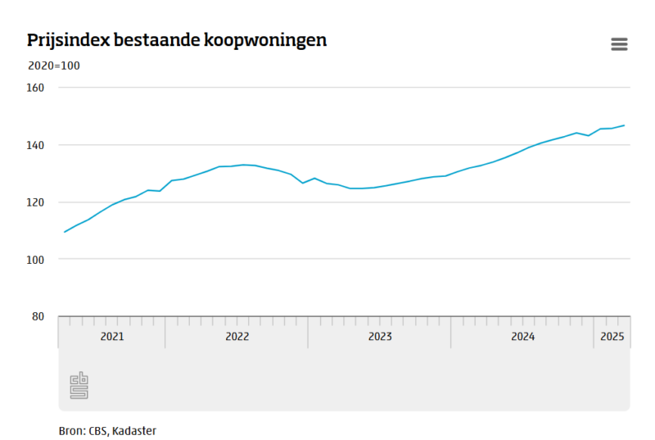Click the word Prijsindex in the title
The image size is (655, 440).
click(68, 41)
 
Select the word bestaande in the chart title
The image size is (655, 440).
click(156, 40)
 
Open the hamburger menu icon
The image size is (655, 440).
click(619, 44)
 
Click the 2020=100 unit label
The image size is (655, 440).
click(54, 66)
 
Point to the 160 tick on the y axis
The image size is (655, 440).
click(35, 88)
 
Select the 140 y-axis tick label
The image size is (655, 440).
click(35, 145)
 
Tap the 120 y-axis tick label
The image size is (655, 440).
click(35, 202)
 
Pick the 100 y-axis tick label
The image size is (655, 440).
click(35, 260)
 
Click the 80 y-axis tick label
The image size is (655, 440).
click(38, 317)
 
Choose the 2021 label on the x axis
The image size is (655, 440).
click(112, 337)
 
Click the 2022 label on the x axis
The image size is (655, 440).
click(237, 337)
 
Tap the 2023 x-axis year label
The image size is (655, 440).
click(380, 337)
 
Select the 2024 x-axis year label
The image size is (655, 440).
click(523, 337)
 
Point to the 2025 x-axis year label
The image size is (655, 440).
click(612, 337)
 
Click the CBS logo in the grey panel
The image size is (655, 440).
click(79, 385)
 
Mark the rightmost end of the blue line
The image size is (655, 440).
click(624, 125)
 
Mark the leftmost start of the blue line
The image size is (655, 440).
click(65, 232)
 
